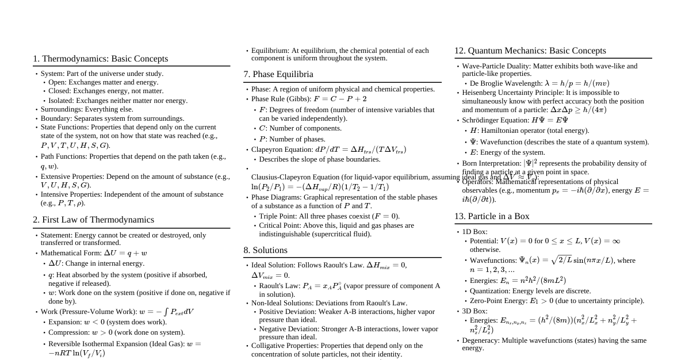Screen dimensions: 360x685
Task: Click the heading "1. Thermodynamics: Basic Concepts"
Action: pyautogui.click(x=100, y=59)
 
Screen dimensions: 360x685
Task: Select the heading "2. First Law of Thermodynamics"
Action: pyautogui.click(x=93, y=220)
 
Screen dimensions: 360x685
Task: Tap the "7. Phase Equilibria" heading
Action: pyautogui.click(x=278, y=74)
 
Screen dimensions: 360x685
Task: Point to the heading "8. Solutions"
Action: pyautogui.click(x=265, y=250)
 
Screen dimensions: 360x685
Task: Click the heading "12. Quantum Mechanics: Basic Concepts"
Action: pyautogui.click(x=530, y=51)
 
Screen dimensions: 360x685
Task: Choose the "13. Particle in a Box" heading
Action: pyautogui.click(x=492, y=216)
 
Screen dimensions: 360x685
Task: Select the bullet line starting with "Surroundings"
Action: pyautogui.click(x=86, y=109)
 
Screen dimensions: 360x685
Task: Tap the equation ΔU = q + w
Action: pyautogui.click(x=125, y=253)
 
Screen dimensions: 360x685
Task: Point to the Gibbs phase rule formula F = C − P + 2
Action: pyautogui.click(x=340, y=99)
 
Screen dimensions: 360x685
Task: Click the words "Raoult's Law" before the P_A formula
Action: pyautogui.click(x=280, y=286)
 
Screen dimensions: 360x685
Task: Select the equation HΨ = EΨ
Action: pyautogui.click(x=549, y=120)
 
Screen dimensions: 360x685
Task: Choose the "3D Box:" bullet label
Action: pyautogui.click(x=474, y=311)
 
